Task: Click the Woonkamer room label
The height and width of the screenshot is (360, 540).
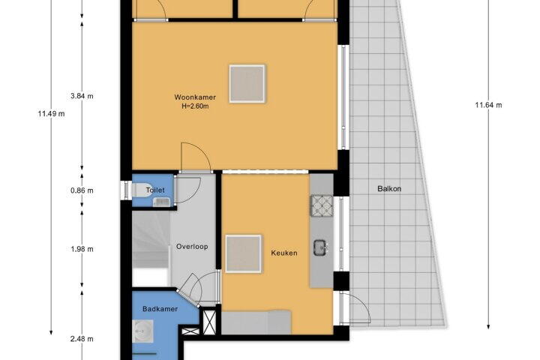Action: tap(195, 97)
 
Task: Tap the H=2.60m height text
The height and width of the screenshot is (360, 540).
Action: tap(195, 106)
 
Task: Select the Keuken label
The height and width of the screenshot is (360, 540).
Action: tap(284, 253)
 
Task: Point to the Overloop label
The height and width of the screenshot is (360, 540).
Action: tap(192, 247)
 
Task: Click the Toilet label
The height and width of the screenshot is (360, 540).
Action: tap(155, 190)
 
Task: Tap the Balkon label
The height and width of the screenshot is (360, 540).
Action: tap(389, 189)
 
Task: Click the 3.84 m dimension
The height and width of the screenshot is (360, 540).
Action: tap(82, 96)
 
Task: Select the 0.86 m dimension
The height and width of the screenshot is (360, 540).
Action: tap(82, 190)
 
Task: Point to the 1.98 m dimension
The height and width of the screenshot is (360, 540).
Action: tap(82, 249)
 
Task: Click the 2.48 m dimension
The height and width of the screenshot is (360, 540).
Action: tap(82, 339)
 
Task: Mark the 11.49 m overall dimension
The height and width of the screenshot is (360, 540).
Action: tap(51, 114)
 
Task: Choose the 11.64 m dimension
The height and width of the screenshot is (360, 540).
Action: tap(488, 105)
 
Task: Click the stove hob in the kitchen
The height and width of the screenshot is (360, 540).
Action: tap(322, 205)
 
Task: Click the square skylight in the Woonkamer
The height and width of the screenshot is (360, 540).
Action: tap(247, 84)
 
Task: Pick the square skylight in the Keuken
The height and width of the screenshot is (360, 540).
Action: tap(244, 254)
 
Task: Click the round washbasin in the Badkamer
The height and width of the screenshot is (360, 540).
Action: tap(142, 331)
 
